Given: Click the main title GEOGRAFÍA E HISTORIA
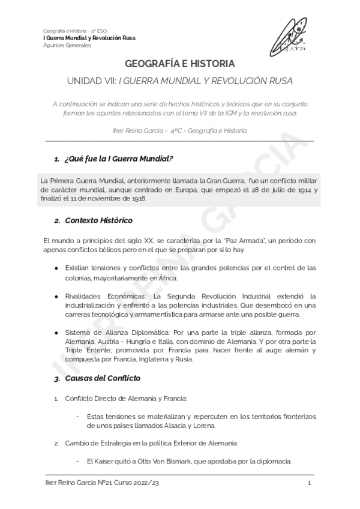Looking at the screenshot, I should tap(180, 64).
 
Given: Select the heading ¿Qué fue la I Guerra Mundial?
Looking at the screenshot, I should tap(118, 158).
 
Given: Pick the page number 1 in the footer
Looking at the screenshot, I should tap(308, 484).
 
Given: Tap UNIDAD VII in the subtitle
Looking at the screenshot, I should tap(94, 80).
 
